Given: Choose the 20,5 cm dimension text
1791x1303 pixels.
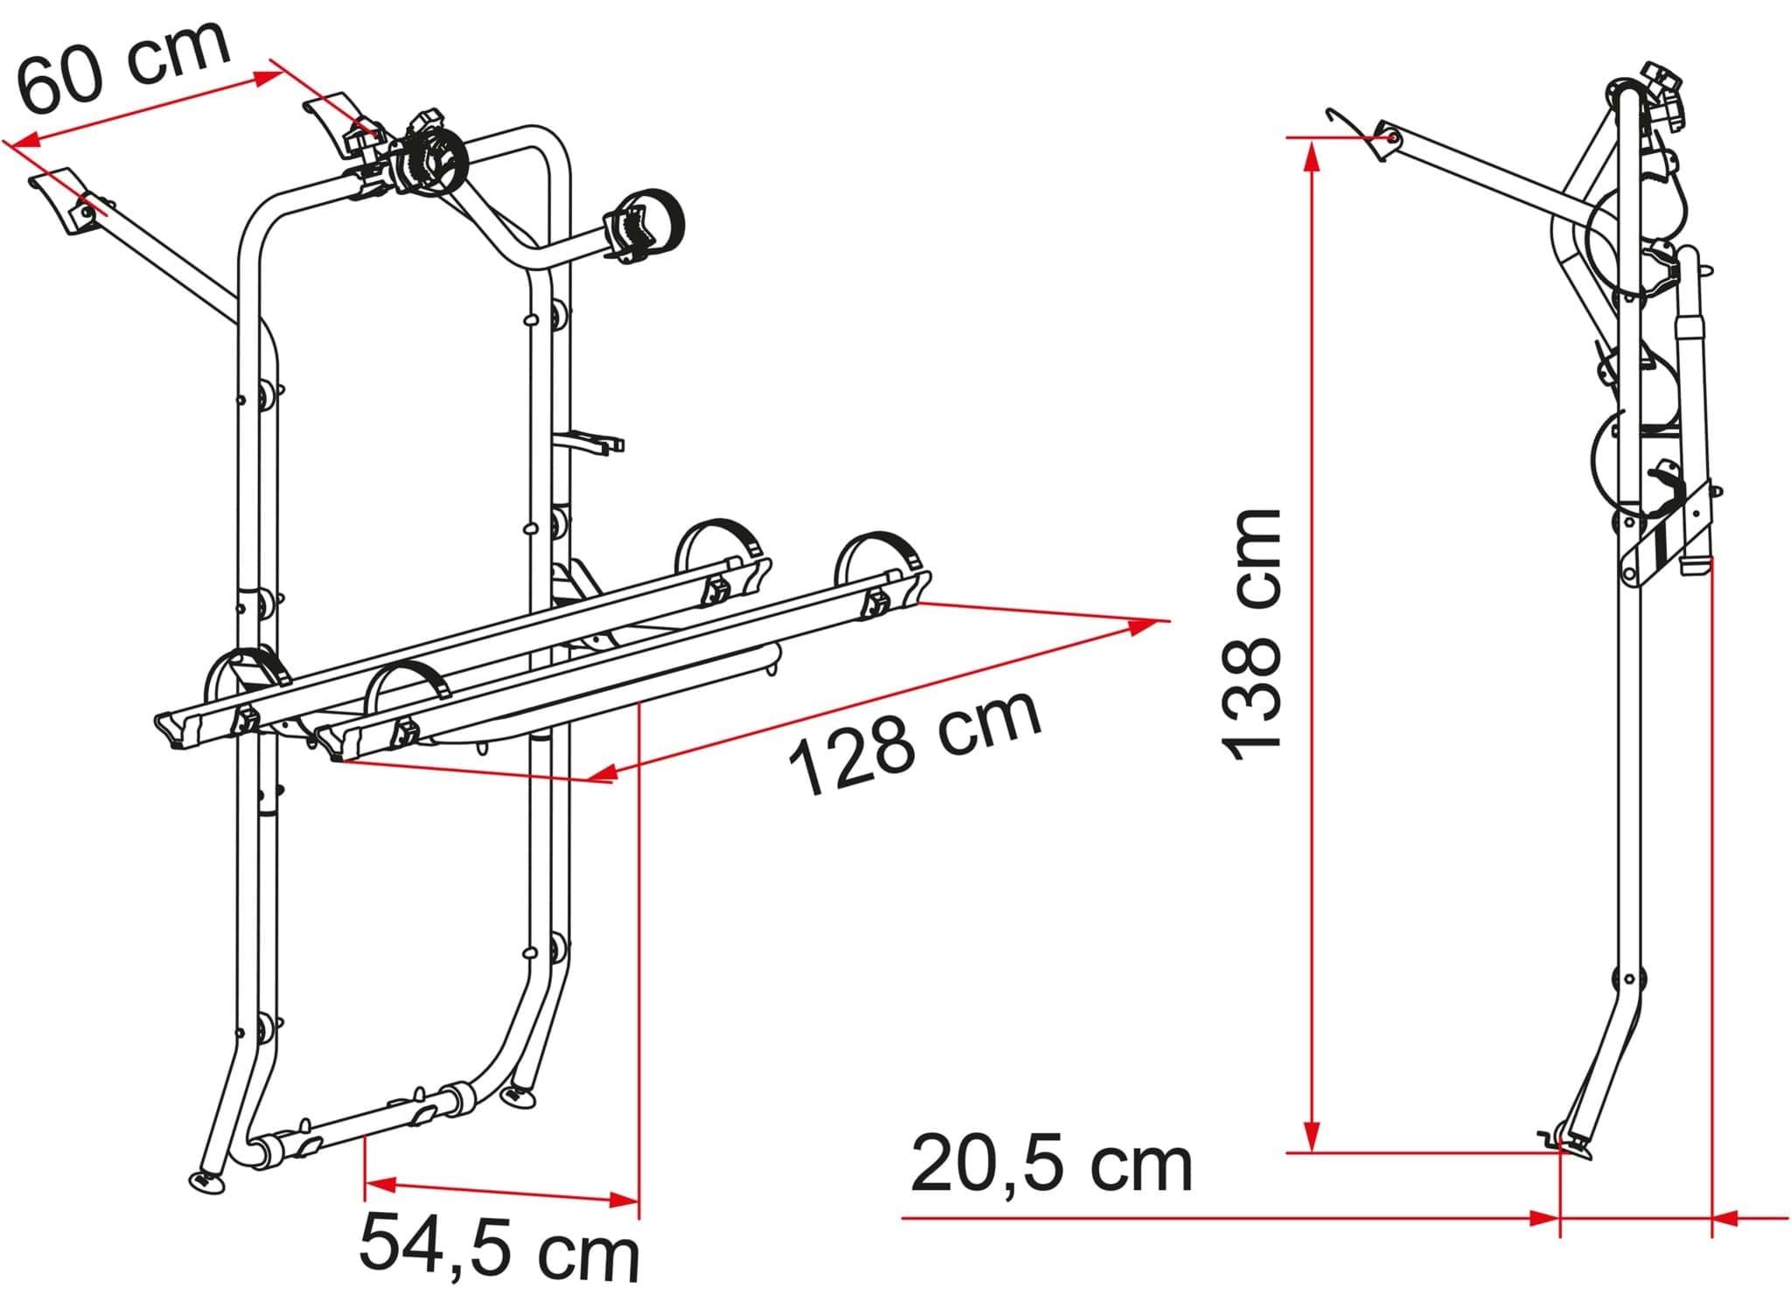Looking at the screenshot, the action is click(x=1051, y=1165).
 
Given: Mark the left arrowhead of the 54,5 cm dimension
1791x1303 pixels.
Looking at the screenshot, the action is click(x=381, y=1185).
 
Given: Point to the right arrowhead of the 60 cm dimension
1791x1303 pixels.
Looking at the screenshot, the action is click(x=268, y=76).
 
